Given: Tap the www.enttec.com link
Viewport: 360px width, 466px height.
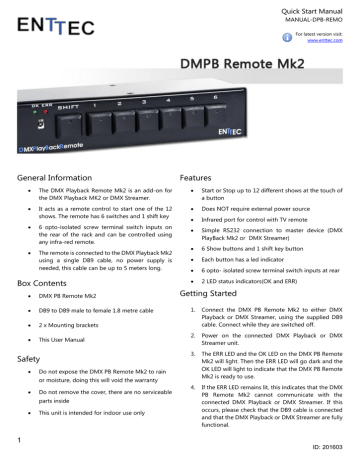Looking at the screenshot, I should [332, 44].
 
